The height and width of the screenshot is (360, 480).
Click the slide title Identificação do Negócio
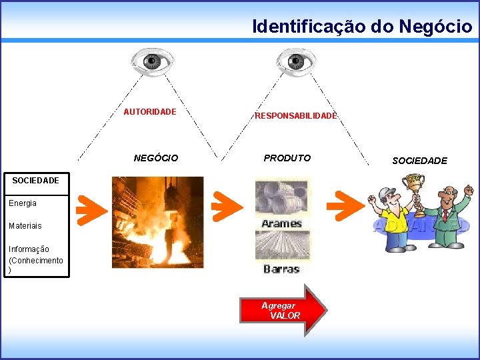click(362, 26)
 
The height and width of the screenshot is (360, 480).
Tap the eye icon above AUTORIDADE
click(152, 62)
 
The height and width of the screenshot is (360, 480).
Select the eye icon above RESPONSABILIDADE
click(296, 62)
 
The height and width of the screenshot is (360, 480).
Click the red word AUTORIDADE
click(150, 112)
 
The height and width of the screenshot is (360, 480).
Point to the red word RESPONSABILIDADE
click(296, 116)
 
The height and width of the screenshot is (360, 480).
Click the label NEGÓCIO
click(156, 159)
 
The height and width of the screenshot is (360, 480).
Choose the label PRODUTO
click(287, 159)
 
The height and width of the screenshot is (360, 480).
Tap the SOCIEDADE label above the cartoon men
click(419, 161)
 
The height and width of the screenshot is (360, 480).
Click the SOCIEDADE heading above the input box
click(35, 181)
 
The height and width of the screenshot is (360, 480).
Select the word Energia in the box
click(23, 203)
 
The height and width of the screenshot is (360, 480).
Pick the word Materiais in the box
click(25, 226)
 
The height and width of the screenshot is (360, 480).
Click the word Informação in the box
click(29, 249)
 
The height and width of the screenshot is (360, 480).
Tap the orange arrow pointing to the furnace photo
click(91, 209)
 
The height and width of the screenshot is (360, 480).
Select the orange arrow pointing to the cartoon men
click(349, 205)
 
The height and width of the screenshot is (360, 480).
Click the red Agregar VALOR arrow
click(293, 311)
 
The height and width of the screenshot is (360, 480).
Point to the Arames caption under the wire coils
click(281, 223)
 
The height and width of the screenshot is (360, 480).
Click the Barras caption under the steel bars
click(281, 269)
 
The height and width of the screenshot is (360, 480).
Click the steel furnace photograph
click(157, 222)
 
